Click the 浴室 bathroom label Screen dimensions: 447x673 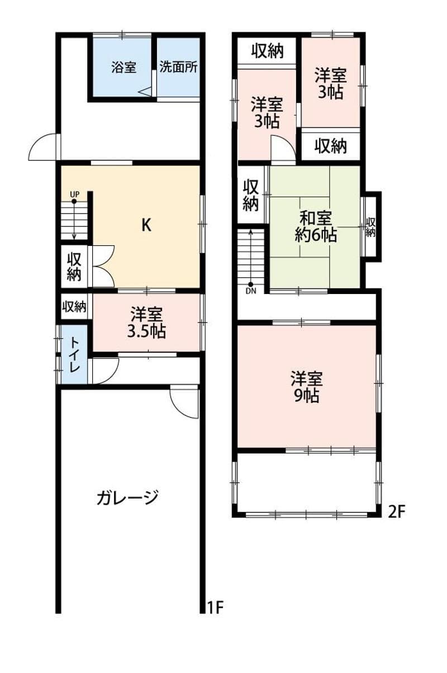[123, 67]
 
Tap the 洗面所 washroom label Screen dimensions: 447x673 [178, 67]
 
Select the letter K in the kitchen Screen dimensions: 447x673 [146, 225]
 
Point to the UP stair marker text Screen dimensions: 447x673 [75, 195]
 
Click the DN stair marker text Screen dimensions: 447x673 [251, 291]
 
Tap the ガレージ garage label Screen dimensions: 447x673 [127, 497]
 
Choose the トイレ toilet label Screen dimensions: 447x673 [74, 354]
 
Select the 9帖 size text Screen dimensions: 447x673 [306, 396]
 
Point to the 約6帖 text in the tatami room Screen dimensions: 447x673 [316, 235]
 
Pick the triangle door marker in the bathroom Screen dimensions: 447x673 [145, 92]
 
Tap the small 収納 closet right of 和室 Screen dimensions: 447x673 [370, 227]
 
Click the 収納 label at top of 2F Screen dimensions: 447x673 [267, 51]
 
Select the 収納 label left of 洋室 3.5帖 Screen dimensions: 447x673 [74, 306]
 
